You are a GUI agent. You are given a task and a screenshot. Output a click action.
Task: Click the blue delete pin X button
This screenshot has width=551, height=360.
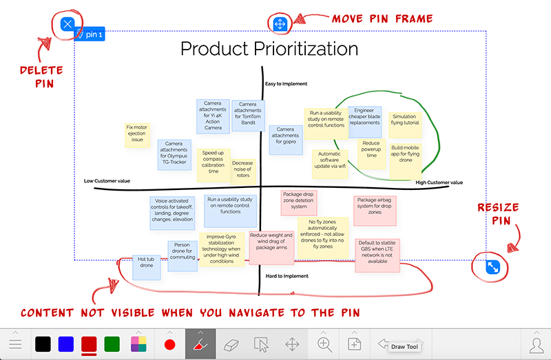pyautogui.click(x=67, y=25)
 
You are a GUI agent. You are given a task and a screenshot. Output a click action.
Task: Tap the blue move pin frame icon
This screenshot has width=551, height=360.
pyautogui.click(x=280, y=24)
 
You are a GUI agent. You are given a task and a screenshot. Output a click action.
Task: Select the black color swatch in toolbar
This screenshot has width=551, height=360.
pyautogui.click(x=43, y=343)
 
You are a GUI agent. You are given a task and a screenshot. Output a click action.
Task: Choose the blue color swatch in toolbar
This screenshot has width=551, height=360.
pyautogui.click(x=66, y=343)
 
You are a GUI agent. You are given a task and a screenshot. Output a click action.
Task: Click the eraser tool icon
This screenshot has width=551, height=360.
pyautogui.click(x=235, y=343)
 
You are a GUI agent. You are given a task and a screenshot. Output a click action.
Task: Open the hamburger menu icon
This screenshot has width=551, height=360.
pyautogui.click(x=15, y=343)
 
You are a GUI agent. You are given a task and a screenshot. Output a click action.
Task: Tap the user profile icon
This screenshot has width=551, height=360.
pyautogui.click(x=535, y=343)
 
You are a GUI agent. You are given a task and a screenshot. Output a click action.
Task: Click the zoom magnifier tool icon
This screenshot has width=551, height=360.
pyautogui.click(x=324, y=343)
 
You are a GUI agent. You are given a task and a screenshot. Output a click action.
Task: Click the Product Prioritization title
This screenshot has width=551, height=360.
pyautogui.click(x=269, y=49)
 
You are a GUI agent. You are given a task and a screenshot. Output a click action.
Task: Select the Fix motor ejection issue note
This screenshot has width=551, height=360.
pyautogui.click(x=137, y=134)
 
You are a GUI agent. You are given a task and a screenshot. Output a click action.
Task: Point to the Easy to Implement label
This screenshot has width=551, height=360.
pyautogui.click(x=286, y=84)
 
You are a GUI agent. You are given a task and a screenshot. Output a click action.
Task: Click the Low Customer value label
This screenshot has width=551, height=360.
pyautogui.click(x=107, y=182)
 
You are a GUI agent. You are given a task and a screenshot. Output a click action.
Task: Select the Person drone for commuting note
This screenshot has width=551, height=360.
pyautogui.click(x=182, y=251)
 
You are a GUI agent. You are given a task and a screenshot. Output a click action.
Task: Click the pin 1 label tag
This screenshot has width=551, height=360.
pyautogui.click(x=92, y=34)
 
